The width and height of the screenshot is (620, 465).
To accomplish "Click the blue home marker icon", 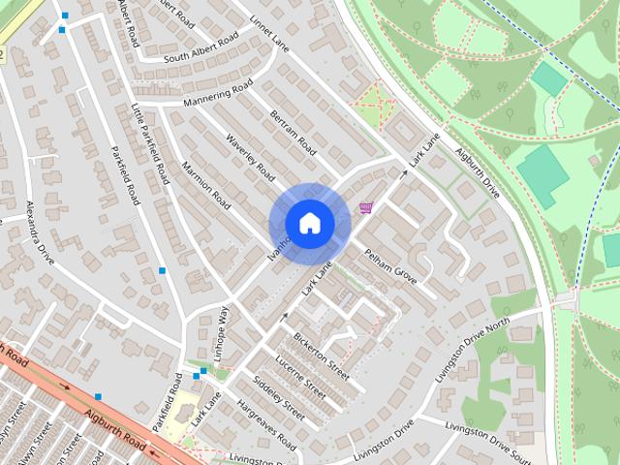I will click(309, 224).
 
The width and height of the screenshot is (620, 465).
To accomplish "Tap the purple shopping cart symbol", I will click(366, 207).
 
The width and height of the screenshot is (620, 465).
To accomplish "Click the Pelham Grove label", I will click(390, 266).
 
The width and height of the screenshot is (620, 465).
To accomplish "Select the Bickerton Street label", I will click(321, 355).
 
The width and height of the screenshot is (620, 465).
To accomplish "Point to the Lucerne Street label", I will click(301, 375).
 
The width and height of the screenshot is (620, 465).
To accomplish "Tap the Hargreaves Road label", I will click(265, 424).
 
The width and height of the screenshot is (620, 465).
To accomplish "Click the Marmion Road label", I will click(205, 187).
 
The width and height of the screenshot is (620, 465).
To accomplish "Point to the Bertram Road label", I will click(293, 134).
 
